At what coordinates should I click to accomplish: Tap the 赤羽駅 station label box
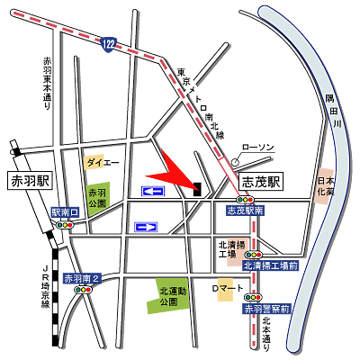tap(27, 179)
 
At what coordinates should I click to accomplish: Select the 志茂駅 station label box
tap(262, 180)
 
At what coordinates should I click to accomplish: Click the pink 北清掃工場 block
tap(228, 248)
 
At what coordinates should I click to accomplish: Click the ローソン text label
tap(257, 146)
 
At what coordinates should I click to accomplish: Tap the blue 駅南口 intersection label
tap(66, 211)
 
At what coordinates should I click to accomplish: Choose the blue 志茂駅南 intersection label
tap(245, 210)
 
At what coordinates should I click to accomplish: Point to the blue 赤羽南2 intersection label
tap(86, 279)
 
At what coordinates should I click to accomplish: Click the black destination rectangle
tap(196, 187)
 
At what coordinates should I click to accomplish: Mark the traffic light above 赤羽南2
tap(85, 290)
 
